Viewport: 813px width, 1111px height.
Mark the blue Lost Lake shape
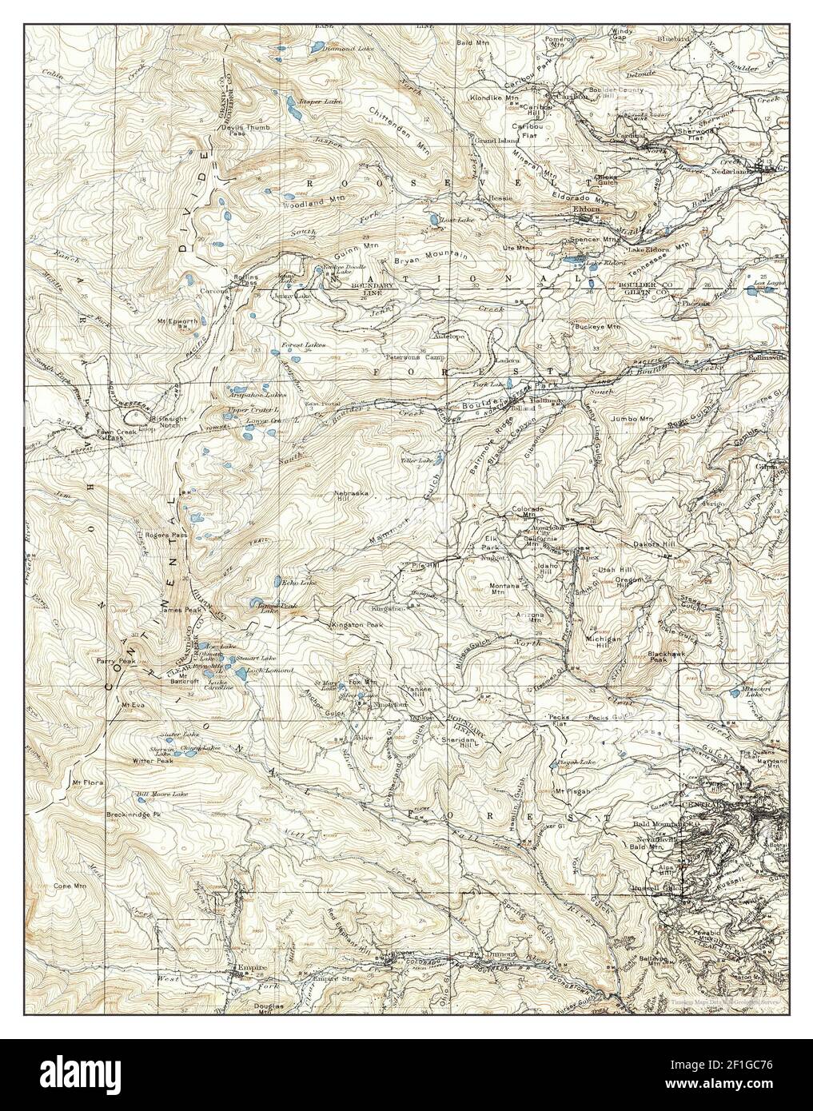432,218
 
